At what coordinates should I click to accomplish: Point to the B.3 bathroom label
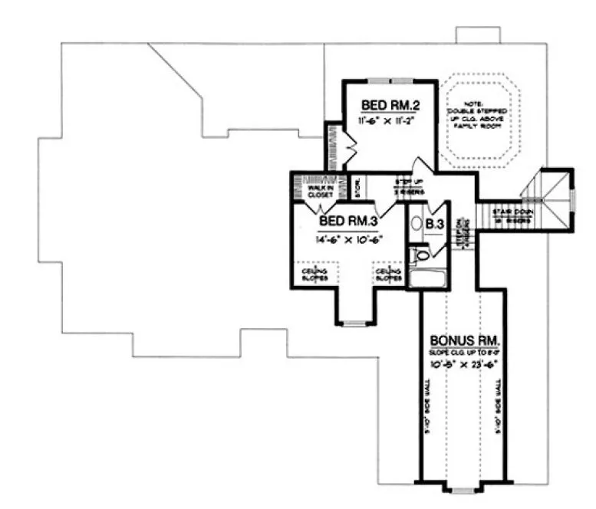pos(435,224)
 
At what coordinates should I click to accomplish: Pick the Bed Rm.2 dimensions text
pos(385,121)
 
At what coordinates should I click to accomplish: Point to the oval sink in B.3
pos(417,225)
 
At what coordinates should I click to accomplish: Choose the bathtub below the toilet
pos(422,277)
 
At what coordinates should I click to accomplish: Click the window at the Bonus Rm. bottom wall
pos(460,488)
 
